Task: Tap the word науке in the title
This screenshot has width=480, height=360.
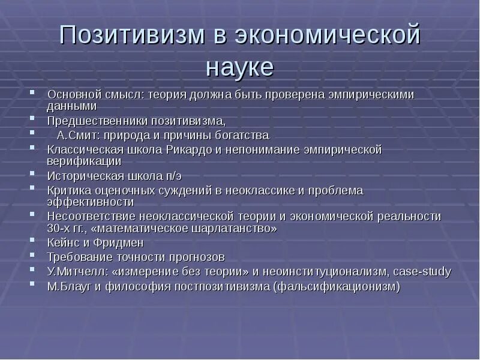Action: (x=239, y=67)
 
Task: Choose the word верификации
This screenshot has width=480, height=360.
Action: (x=84, y=161)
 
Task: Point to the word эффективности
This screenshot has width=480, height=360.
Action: (x=90, y=202)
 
